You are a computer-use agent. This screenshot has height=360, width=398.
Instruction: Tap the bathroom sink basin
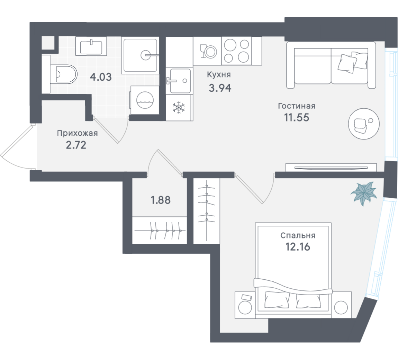[91, 47]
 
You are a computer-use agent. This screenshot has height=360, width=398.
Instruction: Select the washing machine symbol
[145, 100]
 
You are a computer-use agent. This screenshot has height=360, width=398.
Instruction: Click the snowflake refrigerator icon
[179, 107]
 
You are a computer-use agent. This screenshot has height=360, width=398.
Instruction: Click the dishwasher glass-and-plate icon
[208, 52]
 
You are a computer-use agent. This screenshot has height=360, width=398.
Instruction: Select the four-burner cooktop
[237, 51]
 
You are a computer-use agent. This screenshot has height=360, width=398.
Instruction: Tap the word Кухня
[219, 75]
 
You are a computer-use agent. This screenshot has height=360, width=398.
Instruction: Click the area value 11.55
[297, 118]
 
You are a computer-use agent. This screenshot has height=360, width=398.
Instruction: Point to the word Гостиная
[297, 106]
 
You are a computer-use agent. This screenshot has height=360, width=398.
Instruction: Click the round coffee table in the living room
[364, 124]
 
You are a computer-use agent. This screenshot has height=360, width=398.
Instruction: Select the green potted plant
[363, 193]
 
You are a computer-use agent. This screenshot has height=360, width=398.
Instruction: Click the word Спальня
[298, 235]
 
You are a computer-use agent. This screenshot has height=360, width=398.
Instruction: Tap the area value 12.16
[298, 247]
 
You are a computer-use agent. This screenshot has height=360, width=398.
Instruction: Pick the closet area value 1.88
[161, 200]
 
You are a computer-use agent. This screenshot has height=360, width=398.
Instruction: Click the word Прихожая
[77, 133]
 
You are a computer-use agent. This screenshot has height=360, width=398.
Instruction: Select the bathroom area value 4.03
[101, 76]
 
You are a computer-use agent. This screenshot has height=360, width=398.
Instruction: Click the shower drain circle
[146, 55]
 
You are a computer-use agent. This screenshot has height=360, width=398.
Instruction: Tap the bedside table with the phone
[245, 305]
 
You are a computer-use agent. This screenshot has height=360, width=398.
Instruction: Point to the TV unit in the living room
[331, 168]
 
